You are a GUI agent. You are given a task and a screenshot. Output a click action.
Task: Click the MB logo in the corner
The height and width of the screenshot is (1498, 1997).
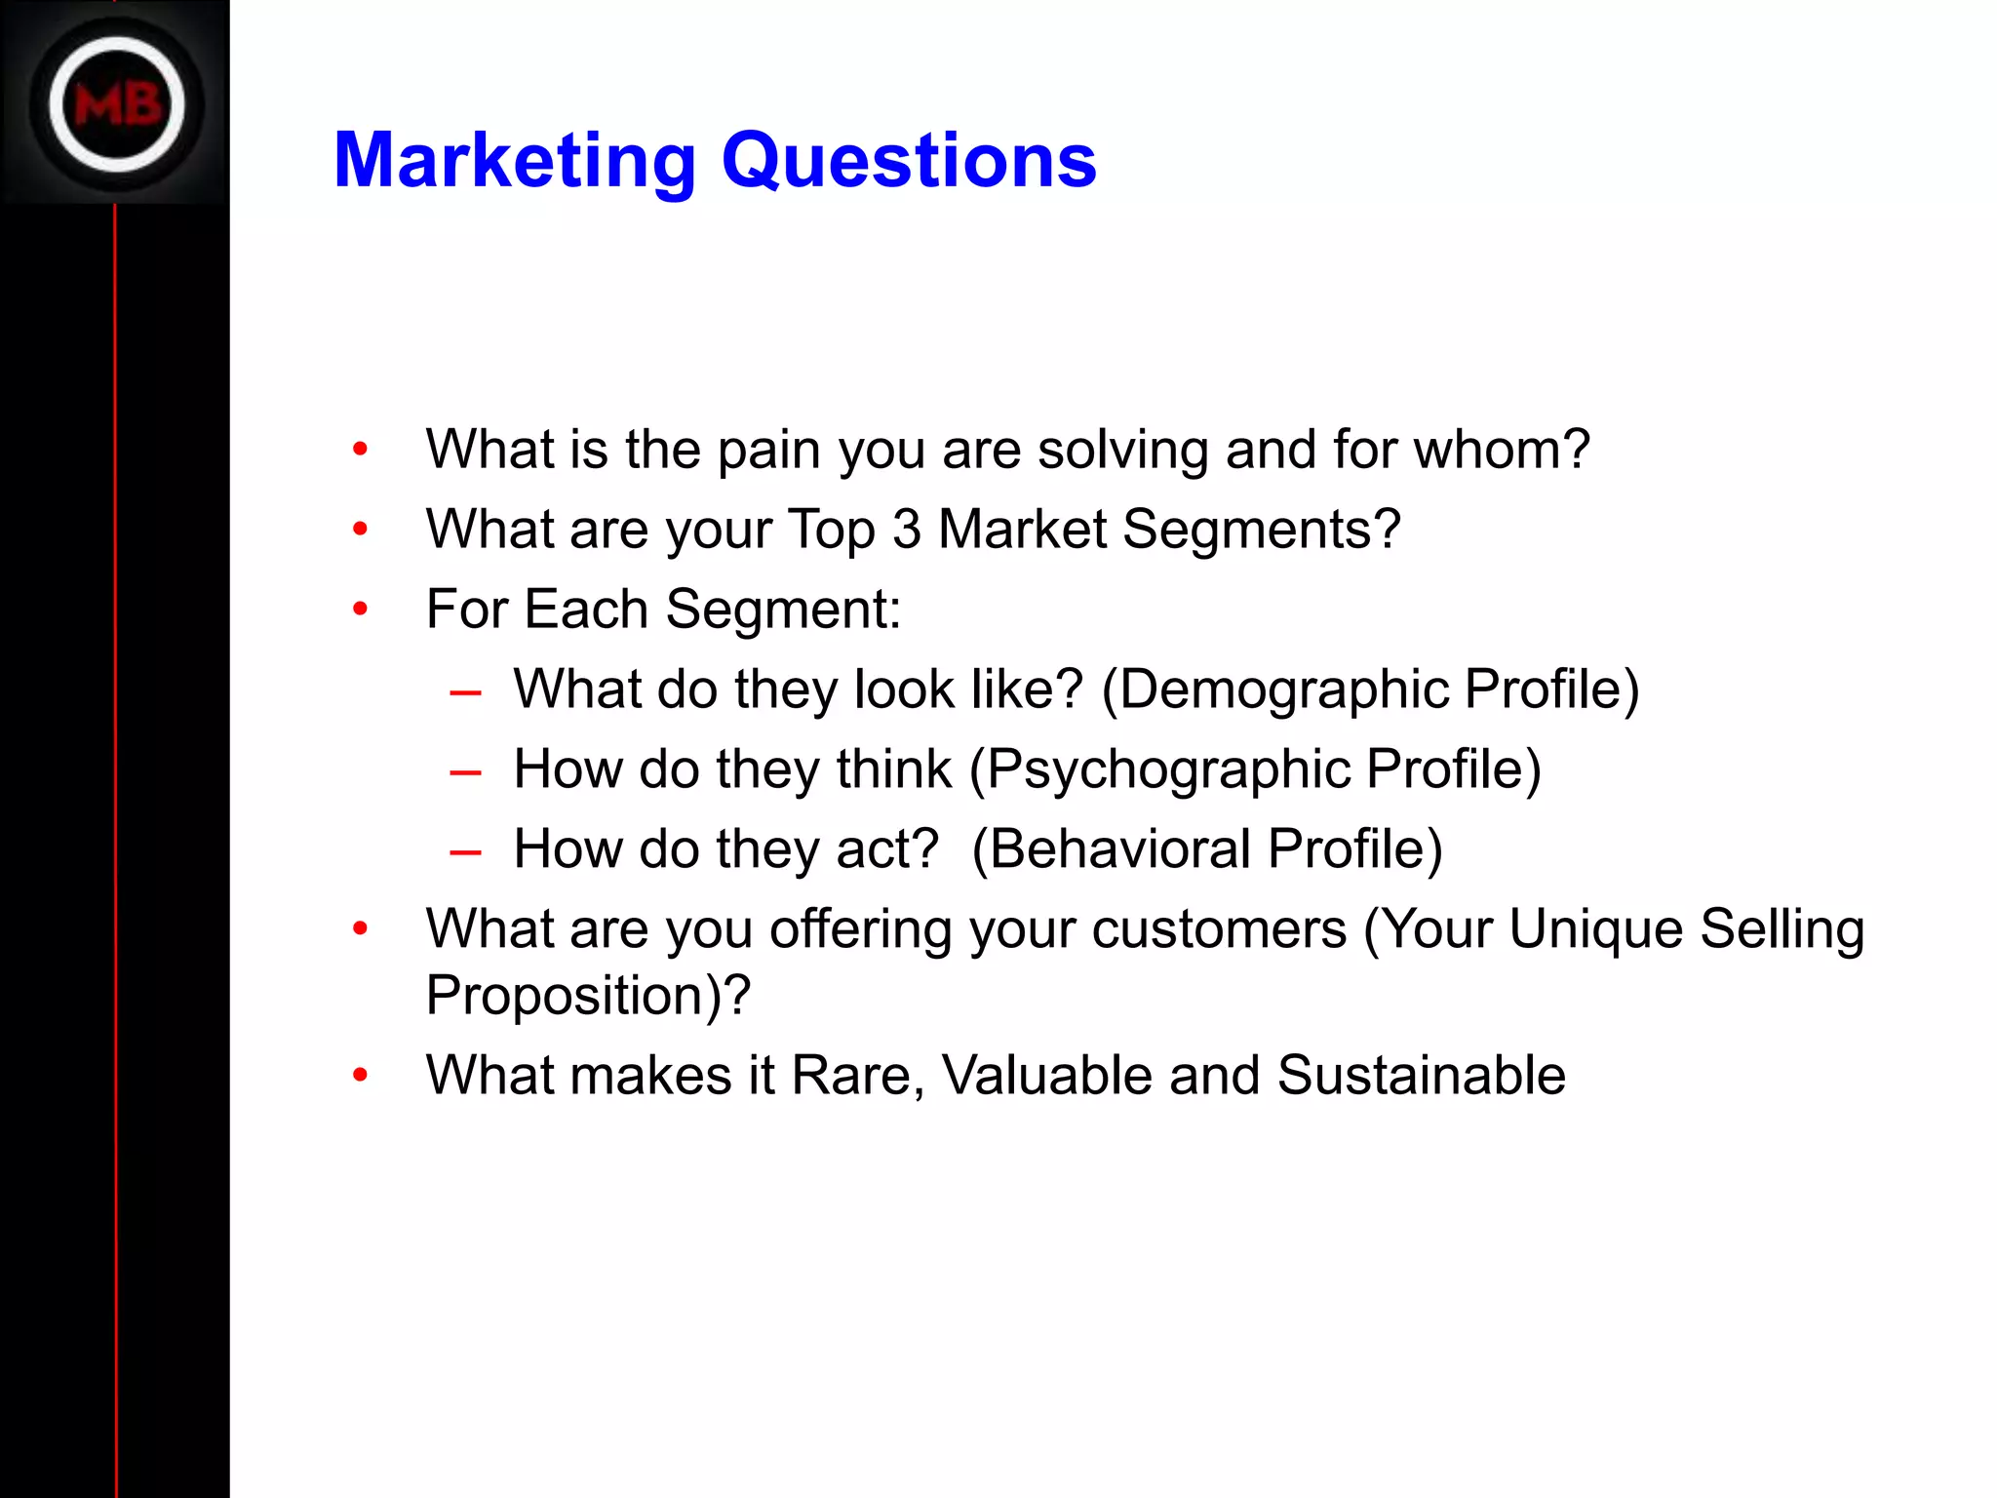pyautogui.click(x=116, y=103)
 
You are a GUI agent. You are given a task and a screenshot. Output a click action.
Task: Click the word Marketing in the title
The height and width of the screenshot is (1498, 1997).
pyautogui.click(x=515, y=161)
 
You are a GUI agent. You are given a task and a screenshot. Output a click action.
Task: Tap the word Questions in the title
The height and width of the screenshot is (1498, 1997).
pyautogui.click(x=909, y=161)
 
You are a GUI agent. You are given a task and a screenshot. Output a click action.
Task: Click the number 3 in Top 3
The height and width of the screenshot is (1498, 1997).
pyautogui.click(x=907, y=530)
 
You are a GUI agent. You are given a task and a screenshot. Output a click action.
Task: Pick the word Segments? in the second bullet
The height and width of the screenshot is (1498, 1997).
pyautogui.click(x=1262, y=532)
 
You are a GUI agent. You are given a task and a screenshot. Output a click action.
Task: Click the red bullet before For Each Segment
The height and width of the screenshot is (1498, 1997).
pyautogui.click(x=361, y=610)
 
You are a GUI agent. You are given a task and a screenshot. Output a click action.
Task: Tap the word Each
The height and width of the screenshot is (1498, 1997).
pyautogui.click(x=586, y=610)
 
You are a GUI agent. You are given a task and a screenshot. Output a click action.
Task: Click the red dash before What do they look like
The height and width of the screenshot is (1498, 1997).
pyautogui.click(x=465, y=692)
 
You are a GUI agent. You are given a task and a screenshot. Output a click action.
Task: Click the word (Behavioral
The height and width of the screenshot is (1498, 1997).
pyautogui.click(x=1111, y=848)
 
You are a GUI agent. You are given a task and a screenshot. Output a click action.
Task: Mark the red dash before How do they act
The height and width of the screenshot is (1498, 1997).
pyautogui.click(x=465, y=852)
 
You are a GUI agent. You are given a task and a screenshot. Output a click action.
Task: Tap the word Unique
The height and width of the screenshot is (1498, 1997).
pyautogui.click(x=1595, y=929)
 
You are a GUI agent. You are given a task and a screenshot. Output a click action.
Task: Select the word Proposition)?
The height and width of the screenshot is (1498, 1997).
pyautogui.click(x=588, y=996)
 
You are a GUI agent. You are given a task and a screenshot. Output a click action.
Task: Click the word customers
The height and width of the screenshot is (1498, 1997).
pyautogui.click(x=1219, y=929)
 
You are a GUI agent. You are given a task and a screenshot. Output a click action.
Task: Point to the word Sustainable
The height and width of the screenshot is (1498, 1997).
pyautogui.click(x=1421, y=1076)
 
